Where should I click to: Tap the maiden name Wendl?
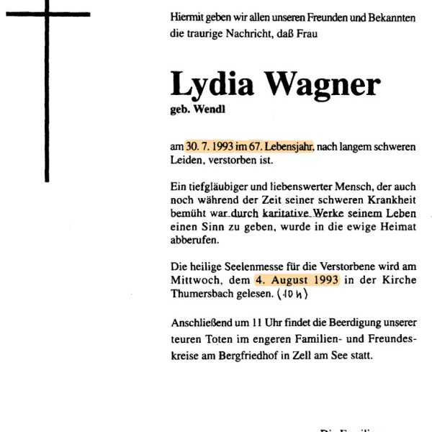click(x=211, y=111)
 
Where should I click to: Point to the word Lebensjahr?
click(x=285, y=146)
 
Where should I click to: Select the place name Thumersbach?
click(x=204, y=294)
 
